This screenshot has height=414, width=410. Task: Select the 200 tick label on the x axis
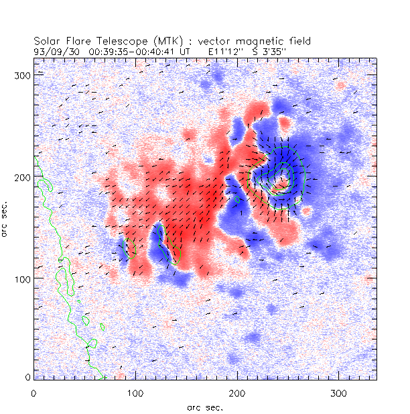(237, 391)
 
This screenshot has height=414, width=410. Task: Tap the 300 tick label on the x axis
(339, 391)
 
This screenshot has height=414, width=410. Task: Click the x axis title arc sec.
(205, 407)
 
